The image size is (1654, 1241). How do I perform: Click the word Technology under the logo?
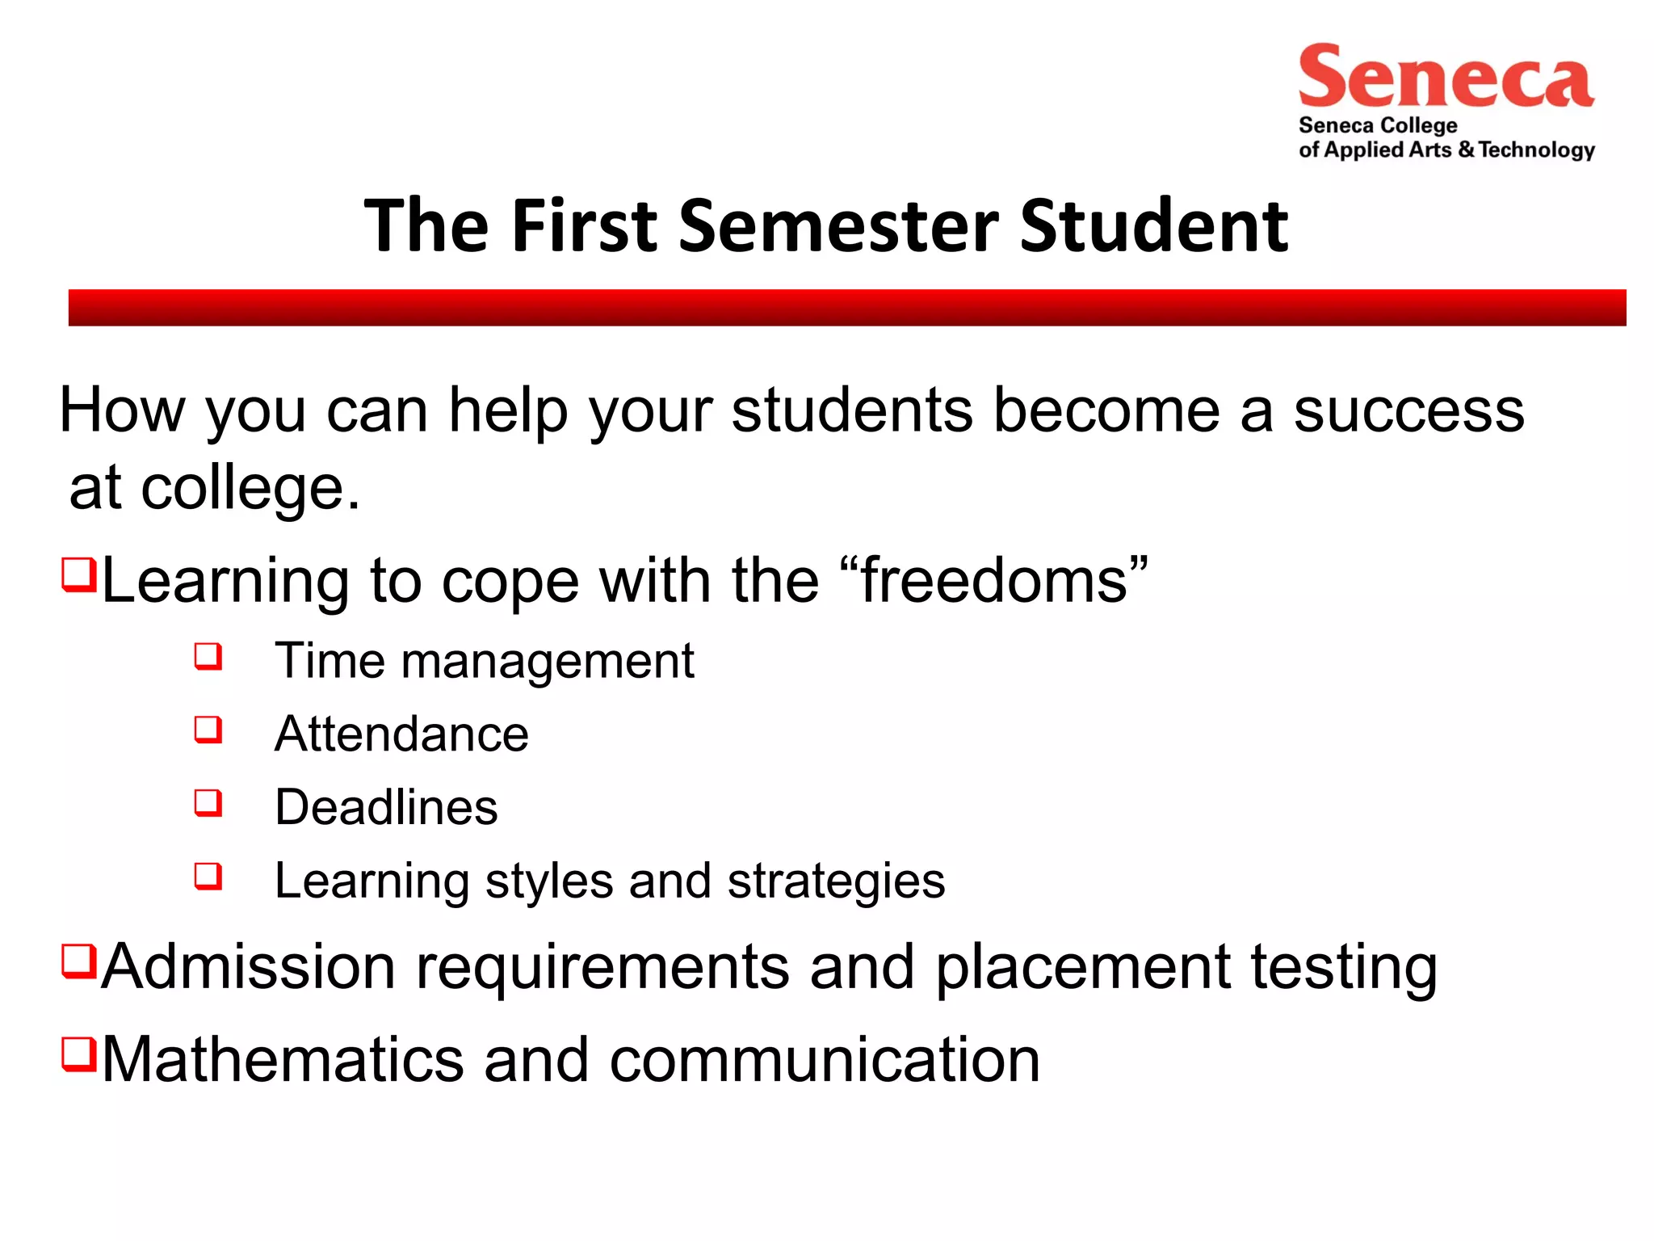click(x=1537, y=150)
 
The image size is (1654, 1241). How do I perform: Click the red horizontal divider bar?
click(x=846, y=307)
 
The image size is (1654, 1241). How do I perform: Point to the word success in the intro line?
click(x=1408, y=410)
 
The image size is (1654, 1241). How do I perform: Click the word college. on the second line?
click(x=250, y=488)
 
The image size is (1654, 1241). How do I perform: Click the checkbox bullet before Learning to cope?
click(x=79, y=574)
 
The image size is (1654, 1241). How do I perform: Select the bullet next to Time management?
click(x=208, y=655)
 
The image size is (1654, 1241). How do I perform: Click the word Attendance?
click(x=401, y=734)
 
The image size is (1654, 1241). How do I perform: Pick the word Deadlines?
click(x=386, y=807)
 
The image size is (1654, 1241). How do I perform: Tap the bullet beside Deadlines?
click(x=208, y=803)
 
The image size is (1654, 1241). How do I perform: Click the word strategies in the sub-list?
click(x=836, y=881)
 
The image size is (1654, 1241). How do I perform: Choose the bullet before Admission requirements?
click(x=79, y=961)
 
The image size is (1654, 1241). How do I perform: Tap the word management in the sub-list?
click(x=547, y=662)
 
